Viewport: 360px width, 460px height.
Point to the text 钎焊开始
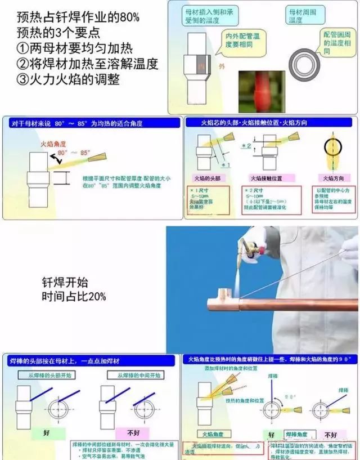[65, 282]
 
